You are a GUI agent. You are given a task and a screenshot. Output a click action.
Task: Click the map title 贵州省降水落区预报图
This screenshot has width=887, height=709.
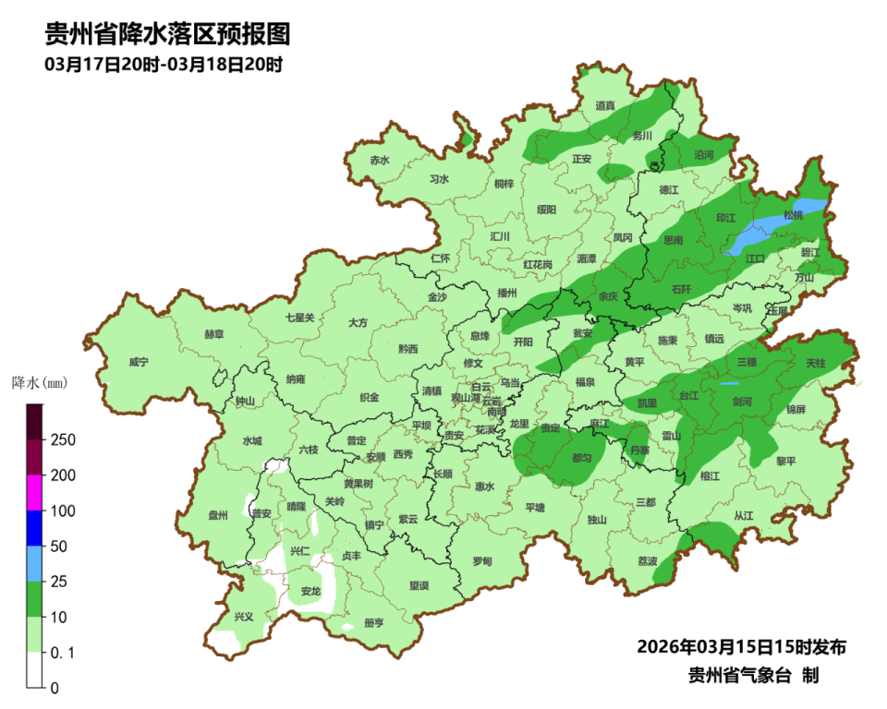(x=167, y=35)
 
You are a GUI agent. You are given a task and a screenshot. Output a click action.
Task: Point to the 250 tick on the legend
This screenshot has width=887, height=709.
(x=63, y=439)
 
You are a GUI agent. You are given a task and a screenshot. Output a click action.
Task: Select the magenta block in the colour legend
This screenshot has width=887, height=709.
(x=34, y=492)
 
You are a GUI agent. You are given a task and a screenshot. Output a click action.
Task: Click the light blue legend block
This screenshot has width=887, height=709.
(x=34, y=563)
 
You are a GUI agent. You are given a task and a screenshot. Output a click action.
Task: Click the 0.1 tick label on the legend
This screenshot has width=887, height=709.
(x=63, y=653)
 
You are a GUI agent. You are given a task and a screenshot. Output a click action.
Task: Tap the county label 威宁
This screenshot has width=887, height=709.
(x=139, y=362)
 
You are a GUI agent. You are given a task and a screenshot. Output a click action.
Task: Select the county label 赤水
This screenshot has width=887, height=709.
(x=380, y=160)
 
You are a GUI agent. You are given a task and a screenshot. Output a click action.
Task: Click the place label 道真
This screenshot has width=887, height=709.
(x=605, y=105)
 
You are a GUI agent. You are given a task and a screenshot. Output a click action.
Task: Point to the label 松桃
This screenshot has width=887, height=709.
(x=793, y=215)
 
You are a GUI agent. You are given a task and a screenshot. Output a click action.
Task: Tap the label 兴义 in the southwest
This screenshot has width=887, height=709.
(x=243, y=617)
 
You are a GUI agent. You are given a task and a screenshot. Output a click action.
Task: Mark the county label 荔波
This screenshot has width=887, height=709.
(x=648, y=560)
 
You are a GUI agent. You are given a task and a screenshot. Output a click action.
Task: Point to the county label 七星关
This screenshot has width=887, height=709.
(x=299, y=318)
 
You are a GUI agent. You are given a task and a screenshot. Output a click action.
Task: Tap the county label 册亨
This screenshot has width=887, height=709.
(x=374, y=622)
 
